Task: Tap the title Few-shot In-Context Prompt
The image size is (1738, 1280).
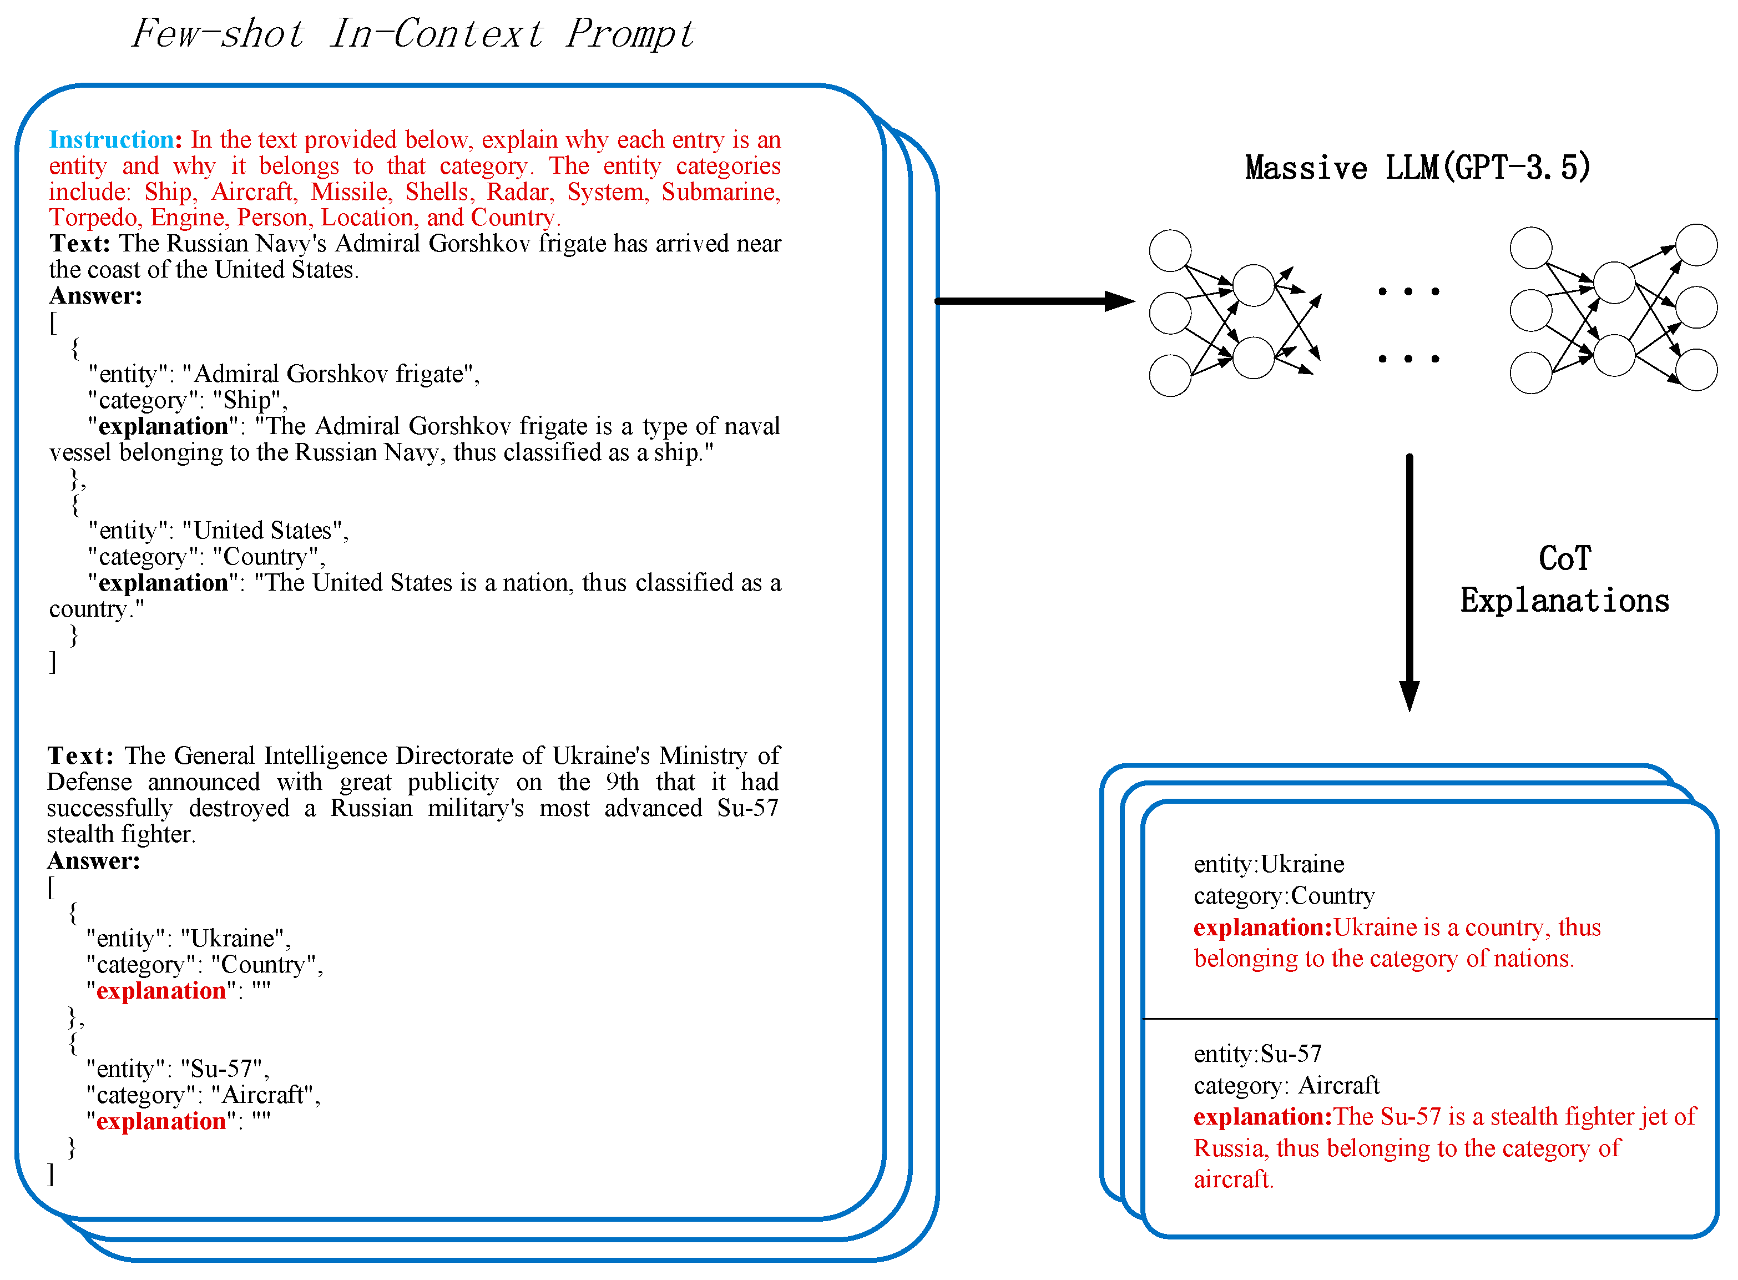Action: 413,34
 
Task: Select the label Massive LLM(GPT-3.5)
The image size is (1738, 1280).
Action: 1417,168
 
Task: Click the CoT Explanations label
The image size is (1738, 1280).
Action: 1564,579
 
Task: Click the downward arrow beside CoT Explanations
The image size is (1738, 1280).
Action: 1409,581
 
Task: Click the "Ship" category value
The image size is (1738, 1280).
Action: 247,401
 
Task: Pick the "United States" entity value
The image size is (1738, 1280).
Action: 264,531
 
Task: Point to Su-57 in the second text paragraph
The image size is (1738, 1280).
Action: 747,808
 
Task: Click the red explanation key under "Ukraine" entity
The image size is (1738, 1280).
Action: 161,991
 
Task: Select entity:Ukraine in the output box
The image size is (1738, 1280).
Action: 1269,864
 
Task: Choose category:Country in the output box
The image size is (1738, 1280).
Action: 1284,896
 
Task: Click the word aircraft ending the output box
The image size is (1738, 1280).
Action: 1233,1180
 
